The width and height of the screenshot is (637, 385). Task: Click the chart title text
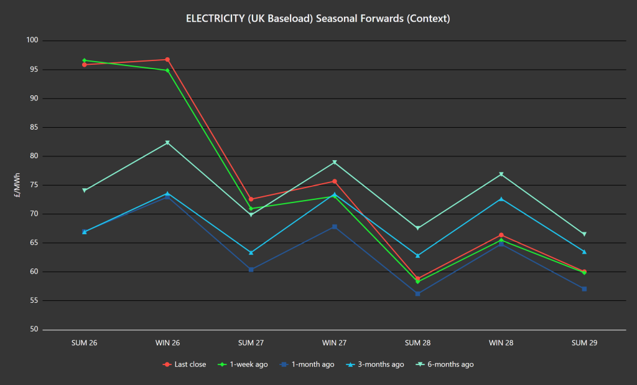[318, 19]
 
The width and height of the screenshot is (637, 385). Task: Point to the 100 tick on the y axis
[32, 40]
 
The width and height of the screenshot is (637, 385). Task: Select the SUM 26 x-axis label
[85, 343]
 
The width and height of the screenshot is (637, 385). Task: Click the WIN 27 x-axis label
[334, 343]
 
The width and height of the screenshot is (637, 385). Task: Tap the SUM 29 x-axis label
[584, 343]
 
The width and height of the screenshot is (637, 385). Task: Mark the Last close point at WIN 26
[167, 60]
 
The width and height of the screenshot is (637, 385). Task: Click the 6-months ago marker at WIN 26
[167, 143]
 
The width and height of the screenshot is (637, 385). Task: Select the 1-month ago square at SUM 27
[251, 270]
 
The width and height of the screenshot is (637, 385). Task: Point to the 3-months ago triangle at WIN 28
[501, 199]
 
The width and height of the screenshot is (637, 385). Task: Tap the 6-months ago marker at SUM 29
[584, 234]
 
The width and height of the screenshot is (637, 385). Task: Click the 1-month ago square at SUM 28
[417, 293]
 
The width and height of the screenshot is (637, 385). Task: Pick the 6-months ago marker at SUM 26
[85, 191]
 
